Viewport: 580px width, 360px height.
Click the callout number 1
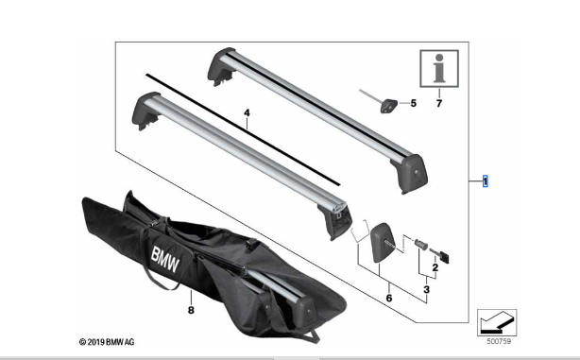click(485, 181)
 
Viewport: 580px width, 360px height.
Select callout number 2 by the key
click(435, 267)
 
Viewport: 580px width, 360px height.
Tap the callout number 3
click(426, 289)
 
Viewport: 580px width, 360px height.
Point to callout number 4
click(247, 112)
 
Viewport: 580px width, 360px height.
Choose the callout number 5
click(413, 103)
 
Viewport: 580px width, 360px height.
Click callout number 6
click(389, 298)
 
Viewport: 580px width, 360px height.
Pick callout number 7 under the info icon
click(439, 103)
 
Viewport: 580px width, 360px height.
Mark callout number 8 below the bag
click(191, 310)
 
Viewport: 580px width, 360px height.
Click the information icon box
click(439, 69)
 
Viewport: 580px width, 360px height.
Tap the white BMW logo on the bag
click(165, 259)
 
